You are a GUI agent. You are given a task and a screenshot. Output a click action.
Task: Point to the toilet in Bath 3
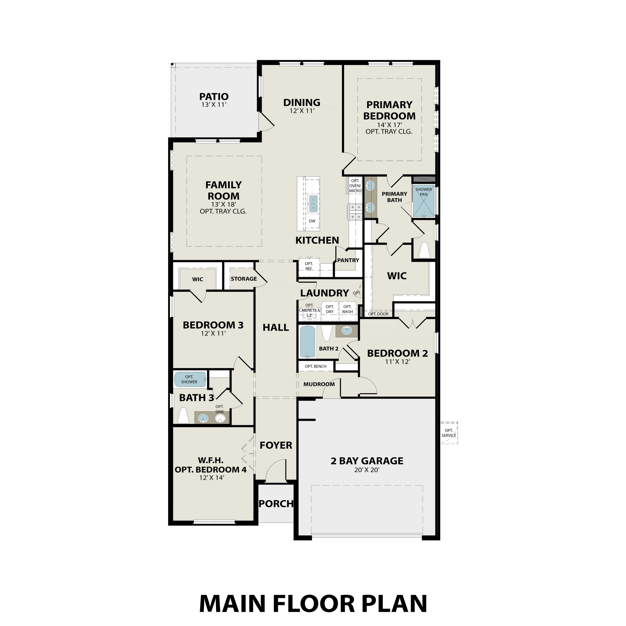(183, 416)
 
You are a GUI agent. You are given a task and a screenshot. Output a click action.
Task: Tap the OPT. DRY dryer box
(329, 309)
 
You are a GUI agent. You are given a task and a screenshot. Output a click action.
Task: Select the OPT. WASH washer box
(347, 309)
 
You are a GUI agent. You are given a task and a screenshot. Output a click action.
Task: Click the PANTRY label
(348, 260)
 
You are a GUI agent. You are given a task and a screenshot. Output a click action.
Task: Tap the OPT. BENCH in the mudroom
(315, 366)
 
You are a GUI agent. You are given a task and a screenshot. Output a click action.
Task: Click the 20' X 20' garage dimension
(367, 470)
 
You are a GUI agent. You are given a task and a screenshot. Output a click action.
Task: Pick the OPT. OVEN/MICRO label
(355, 186)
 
